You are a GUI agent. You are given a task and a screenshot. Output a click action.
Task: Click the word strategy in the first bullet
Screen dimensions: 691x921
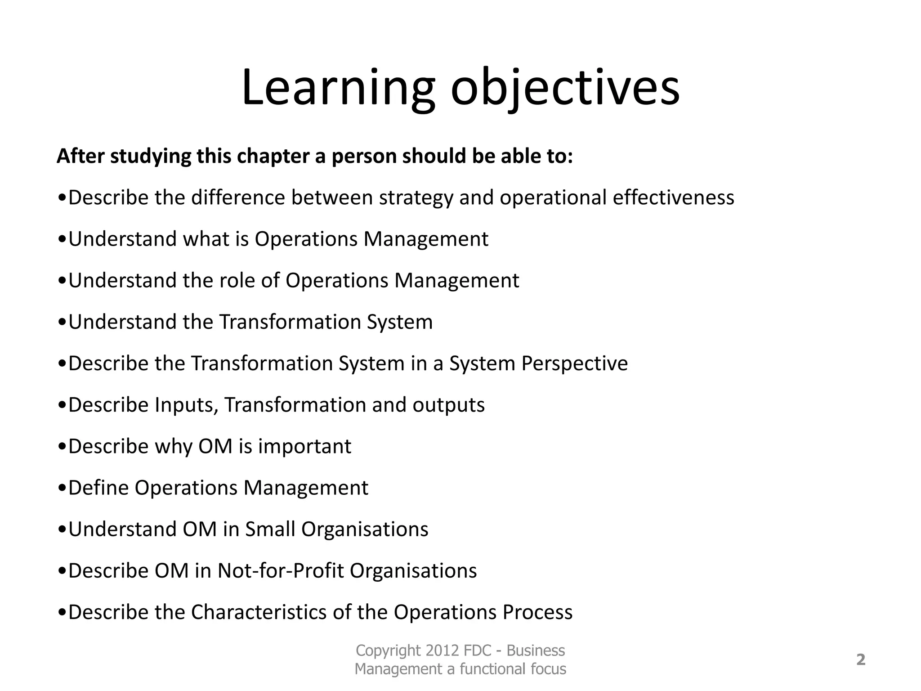(416, 198)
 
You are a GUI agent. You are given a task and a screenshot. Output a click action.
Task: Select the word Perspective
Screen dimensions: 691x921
(574, 363)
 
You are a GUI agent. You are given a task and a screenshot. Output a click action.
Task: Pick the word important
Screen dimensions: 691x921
(304, 446)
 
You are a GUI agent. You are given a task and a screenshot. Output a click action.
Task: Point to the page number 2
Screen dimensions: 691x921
(860, 660)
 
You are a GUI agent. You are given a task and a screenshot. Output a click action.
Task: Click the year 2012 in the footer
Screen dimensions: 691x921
(443, 651)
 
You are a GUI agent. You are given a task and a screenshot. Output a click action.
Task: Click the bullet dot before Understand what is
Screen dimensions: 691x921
(63, 240)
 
